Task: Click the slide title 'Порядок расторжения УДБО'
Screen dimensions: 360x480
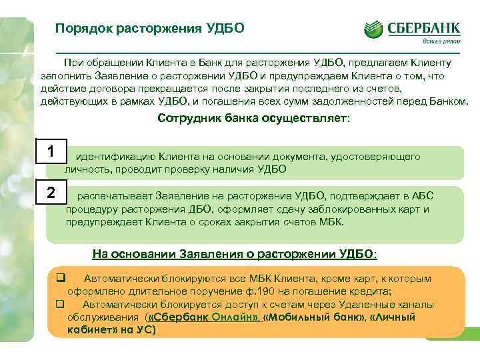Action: click(150, 29)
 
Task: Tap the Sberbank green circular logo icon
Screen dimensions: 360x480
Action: click(374, 28)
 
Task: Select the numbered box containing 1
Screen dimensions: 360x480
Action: click(51, 151)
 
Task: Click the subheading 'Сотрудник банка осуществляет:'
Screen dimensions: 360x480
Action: click(253, 118)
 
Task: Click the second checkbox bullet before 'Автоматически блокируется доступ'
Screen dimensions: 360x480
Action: click(59, 304)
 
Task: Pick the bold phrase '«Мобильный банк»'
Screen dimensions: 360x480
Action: click(306, 317)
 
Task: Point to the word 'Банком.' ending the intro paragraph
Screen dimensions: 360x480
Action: click(449, 103)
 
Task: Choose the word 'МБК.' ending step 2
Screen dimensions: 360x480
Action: click(331, 221)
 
